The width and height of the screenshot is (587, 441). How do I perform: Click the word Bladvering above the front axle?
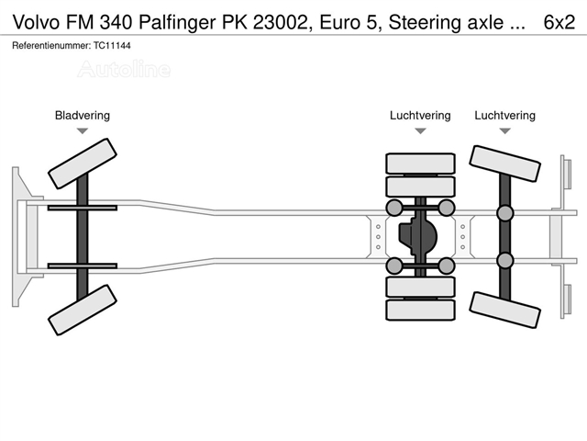83,116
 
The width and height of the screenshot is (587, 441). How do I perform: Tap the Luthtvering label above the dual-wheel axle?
420,116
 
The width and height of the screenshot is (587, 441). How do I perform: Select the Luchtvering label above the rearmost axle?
505,116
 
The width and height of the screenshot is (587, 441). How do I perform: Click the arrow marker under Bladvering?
83,130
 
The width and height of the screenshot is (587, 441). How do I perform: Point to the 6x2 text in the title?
559,22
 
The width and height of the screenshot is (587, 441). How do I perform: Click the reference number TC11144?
112,46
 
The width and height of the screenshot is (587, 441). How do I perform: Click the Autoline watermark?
125,70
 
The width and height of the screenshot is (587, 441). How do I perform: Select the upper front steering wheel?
83,164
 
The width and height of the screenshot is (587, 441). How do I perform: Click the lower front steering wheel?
83,310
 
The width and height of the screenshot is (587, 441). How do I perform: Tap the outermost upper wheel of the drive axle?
420,164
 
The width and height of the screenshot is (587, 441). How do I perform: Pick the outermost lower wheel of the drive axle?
420,310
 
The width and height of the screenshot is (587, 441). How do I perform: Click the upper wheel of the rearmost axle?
504,164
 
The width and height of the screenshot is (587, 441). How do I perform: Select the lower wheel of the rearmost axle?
504,311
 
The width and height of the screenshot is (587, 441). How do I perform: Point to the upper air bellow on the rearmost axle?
504,213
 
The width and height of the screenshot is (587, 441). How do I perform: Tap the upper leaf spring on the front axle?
83,208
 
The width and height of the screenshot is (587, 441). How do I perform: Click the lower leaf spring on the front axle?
83,266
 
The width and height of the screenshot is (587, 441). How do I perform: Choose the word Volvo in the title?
37,22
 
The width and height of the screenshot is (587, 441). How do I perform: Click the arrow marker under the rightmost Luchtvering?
505,130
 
